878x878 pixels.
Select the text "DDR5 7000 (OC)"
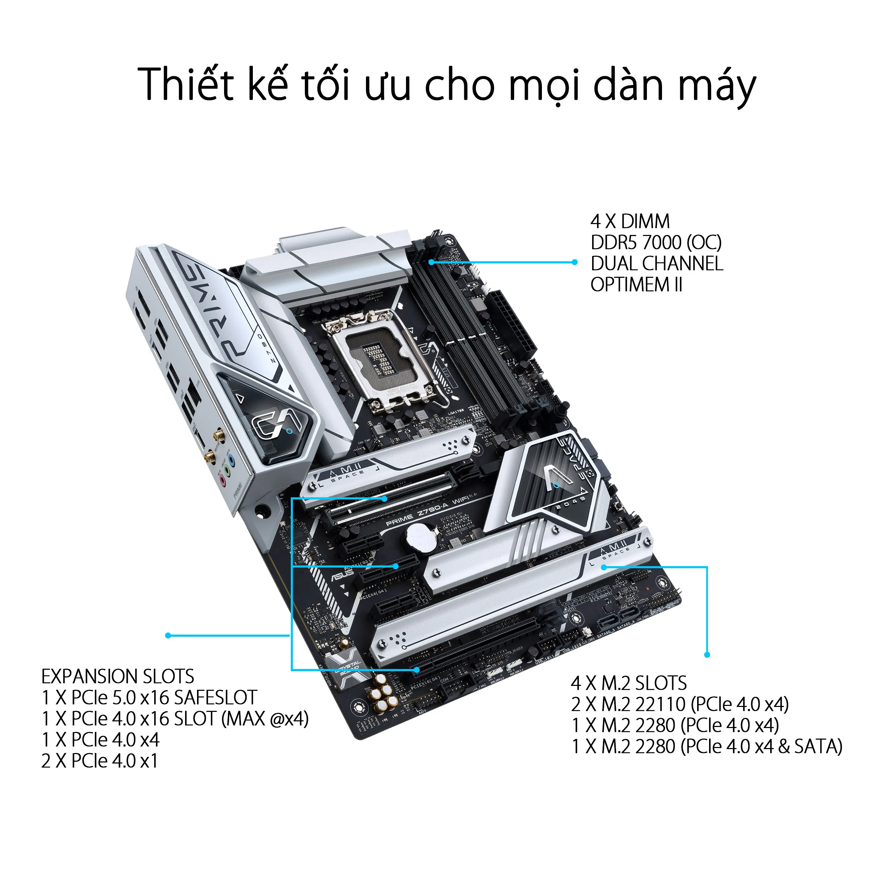(x=656, y=243)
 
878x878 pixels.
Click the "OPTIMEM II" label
(x=636, y=285)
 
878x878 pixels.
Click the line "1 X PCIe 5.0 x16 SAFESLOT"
(x=149, y=697)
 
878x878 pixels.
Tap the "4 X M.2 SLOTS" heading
(x=629, y=683)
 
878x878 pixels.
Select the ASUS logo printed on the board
(x=342, y=575)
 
